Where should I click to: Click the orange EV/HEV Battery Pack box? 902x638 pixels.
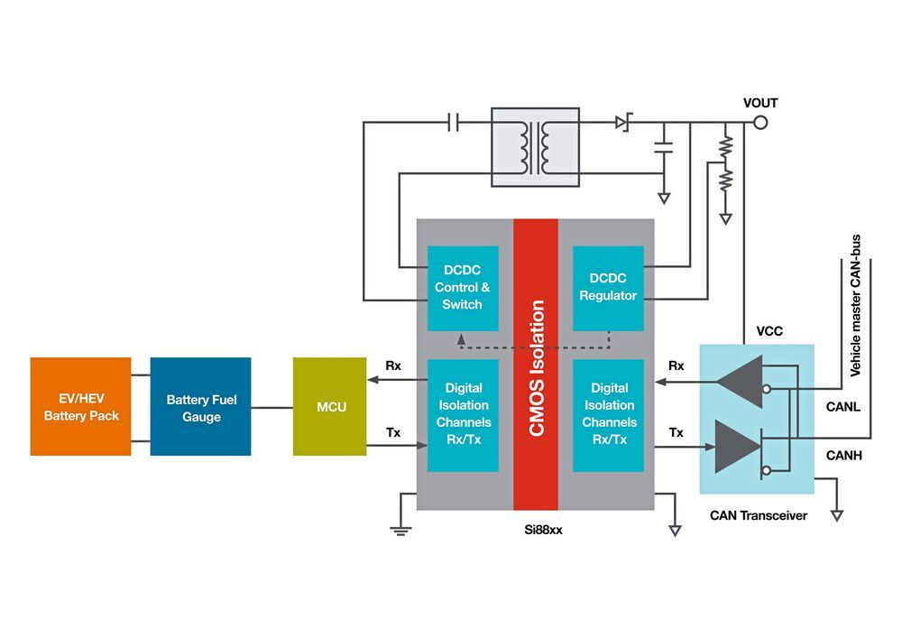click(x=80, y=406)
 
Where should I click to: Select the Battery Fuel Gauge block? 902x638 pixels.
click(x=200, y=406)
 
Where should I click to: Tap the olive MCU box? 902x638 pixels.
click(x=330, y=407)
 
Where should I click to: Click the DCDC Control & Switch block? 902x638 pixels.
click(x=462, y=288)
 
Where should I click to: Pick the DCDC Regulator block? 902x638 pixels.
click(x=608, y=288)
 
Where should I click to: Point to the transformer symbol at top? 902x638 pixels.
click(x=534, y=146)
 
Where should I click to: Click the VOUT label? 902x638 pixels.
click(x=759, y=103)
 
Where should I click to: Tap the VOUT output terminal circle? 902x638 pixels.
click(x=760, y=123)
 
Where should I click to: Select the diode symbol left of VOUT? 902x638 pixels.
click(x=623, y=122)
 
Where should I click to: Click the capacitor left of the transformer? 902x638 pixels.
click(x=454, y=123)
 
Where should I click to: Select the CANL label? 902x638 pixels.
click(x=843, y=407)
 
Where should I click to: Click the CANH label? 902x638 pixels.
click(x=843, y=455)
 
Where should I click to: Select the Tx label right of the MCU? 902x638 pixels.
click(x=392, y=432)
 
